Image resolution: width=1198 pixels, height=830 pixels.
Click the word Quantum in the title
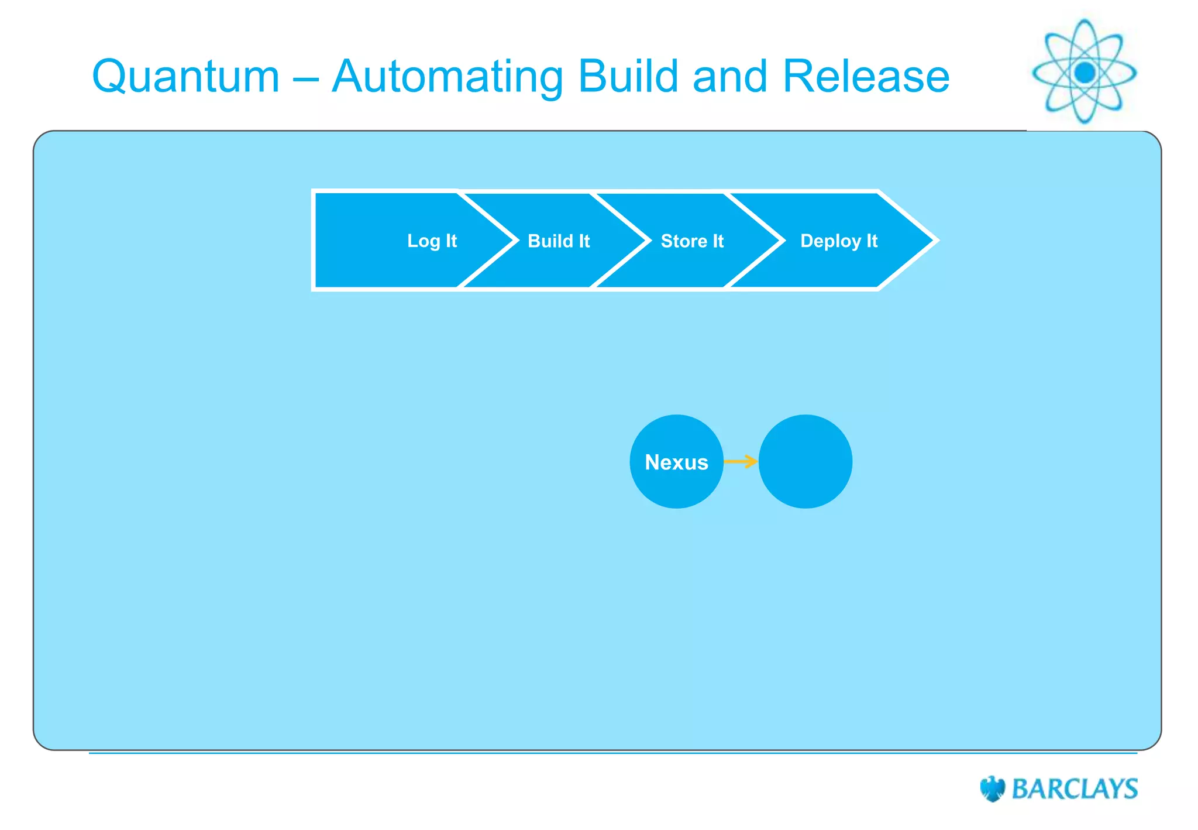[x=186, y=77]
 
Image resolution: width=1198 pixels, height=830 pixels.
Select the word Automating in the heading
[x=447, y=77]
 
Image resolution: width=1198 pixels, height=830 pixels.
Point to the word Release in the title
[x=866, y=76]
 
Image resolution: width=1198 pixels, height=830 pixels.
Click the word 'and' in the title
[x=729, y=76]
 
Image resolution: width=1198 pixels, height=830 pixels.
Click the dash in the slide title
[x=305, y=77]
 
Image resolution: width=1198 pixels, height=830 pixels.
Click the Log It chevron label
[x=432, y=241]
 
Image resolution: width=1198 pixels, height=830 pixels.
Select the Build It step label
[x=559, y=241]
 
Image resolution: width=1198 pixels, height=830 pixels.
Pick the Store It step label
[x=692, y=241]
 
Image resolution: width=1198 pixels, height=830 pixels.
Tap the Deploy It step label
[x=839, y=241]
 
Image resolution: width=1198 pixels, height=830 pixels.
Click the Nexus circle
[x=676, y=462]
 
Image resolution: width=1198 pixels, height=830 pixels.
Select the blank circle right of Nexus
[x=805, y=462]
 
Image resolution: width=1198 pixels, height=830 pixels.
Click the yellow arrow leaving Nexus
[x=741, y=462]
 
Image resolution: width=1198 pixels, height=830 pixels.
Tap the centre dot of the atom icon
[x=1085, y=73]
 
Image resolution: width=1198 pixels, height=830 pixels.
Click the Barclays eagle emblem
[x=992, y=788]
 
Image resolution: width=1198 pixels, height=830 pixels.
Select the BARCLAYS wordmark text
[x=1075, y=789]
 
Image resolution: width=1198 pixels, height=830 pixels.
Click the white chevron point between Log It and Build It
[x=517, y=240]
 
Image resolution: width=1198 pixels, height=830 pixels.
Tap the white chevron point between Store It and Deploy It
[x=783, y=240]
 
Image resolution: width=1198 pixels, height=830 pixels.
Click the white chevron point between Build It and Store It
[x=649, y=240]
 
